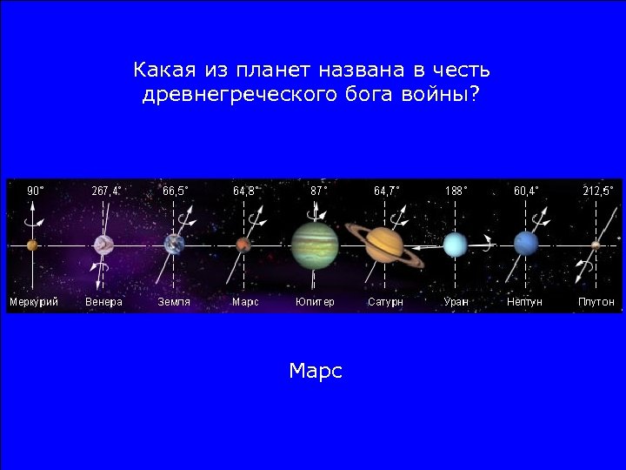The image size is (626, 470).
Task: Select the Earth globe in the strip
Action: [175, 244]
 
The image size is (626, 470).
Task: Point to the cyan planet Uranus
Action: [455, 245]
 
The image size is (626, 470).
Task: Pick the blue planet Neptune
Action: [525, 244]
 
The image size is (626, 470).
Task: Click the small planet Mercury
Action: [32, 245]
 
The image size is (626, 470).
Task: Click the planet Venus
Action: [104, 245]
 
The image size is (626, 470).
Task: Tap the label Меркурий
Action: [34, 302]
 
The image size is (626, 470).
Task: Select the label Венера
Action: [104, 302]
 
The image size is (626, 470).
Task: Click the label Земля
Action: [174, 302]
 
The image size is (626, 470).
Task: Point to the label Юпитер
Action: [315, 302]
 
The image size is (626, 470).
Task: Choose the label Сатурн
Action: [385, 302]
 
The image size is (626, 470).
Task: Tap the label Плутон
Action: [596, 302]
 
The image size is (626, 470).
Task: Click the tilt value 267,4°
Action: [107, 190]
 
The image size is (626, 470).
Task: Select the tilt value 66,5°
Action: [176, 190]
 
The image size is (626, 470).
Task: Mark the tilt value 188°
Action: [456, 190]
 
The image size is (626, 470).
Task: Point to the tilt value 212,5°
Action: [598, 190]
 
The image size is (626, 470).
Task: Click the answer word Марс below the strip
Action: [316, 372]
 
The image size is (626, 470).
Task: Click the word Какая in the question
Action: [164, 69]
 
